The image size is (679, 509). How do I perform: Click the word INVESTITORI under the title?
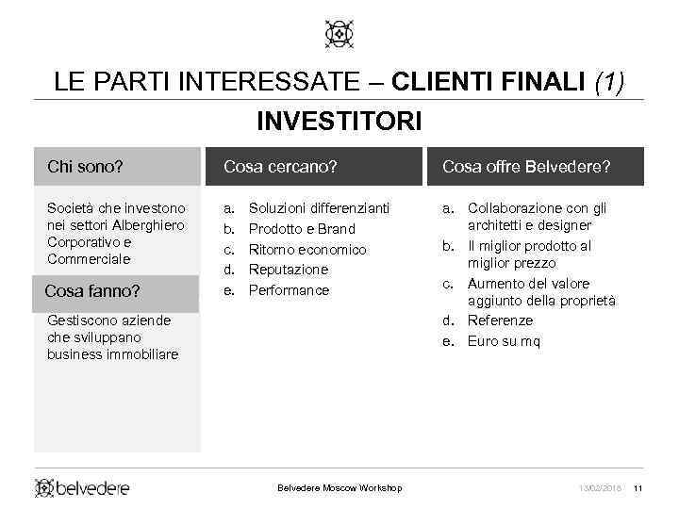(339, 122)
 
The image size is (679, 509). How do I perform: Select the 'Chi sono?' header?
(85, 167)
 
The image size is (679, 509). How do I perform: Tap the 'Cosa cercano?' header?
(280, 167)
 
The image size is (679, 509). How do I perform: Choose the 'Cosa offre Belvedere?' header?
(526, 167)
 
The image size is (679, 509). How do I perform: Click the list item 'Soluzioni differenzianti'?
(319, 207)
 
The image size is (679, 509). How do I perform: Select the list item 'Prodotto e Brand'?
(302, 228)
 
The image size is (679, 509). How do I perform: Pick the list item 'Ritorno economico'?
(306, 249)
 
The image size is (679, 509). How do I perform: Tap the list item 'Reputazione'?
(288, 270)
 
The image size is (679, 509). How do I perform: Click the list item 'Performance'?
(289, 290)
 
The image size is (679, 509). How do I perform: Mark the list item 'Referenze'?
(500, 320)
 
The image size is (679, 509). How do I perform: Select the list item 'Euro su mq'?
(504, 341)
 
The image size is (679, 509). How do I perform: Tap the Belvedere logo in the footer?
(82, 487)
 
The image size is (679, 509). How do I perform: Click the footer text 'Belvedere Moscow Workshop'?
(339, 487)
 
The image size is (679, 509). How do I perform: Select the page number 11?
(638, 487)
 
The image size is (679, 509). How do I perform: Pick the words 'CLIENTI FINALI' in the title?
(489, 82)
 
